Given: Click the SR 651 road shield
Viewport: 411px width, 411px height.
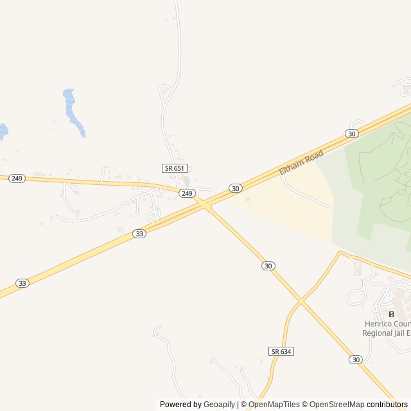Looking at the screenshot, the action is [x=174, y=168].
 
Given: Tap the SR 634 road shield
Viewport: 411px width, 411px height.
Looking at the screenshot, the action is [x=281, y=351].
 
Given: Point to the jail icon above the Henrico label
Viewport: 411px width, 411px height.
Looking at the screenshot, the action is [x=391, y=314].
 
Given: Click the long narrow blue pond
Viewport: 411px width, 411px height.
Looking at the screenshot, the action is [x=73, y=112].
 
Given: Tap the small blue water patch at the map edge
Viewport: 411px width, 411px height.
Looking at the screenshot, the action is [x=3, y=131].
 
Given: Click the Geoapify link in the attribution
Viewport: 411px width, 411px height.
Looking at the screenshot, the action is [x=219, y=405].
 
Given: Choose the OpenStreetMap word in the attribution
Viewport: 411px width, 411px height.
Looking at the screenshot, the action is [x=334, y=405].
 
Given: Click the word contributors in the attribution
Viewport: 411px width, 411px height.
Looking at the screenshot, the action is [x=387, y=405].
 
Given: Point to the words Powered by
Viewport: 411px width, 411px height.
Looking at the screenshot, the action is [x=180, y=405].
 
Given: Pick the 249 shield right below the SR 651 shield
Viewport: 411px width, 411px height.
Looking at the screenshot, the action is [x=186, y=193].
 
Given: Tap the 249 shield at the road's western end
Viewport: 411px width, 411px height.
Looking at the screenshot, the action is [x=17, y=179].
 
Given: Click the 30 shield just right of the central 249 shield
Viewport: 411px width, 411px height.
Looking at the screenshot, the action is [x=236, y=188].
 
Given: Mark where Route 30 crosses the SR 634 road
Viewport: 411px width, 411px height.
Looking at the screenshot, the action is [x=300, y=300].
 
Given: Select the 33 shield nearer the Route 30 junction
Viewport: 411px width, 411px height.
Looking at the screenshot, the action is [x=139, y=234].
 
